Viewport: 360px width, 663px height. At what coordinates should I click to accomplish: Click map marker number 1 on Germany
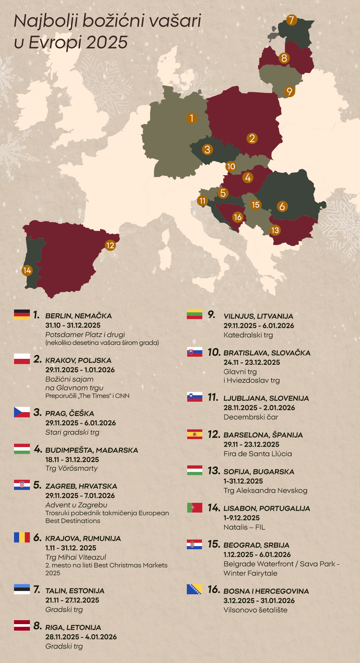[x=192, y=118]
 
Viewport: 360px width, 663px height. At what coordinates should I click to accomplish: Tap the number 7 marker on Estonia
[x=292, y=20]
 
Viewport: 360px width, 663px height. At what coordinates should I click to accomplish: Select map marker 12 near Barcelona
[x=110, y=245]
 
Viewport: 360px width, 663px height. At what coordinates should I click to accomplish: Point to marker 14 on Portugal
[x=27, y=270]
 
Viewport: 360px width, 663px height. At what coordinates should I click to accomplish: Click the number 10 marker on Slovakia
[x=231, y=166]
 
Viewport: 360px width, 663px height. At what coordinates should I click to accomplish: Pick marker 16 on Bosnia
[x=238, y=217]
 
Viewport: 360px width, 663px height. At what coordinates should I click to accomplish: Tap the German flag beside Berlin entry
[x=22, y=315]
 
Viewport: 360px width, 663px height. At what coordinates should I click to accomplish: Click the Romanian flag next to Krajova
[x=22, y=537]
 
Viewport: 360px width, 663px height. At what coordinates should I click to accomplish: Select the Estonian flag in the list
[x=22, y=589]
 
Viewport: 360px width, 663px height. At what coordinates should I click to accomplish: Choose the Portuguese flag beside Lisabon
[x=195, y=508]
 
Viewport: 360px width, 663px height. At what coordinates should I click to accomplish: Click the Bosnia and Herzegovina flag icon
[x=195, y=589]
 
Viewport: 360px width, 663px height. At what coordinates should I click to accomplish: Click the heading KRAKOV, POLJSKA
[x=78, y=360]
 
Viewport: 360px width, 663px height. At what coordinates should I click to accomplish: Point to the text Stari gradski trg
[x=72, y=432]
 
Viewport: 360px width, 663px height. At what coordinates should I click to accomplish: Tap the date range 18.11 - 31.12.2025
[x=72, y=460]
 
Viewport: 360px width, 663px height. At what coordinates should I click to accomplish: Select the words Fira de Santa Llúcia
[x=258, y=454]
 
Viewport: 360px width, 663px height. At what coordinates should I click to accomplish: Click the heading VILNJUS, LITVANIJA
[x=258, y=316]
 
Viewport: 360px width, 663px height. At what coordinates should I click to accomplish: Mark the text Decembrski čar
[x=251, y=417]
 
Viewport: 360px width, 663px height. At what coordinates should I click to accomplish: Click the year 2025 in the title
[x=107, y=42]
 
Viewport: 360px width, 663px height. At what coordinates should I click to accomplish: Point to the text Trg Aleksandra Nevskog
[x=265, y=491]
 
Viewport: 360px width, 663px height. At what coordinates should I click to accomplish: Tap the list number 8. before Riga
[x=37, y=626]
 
